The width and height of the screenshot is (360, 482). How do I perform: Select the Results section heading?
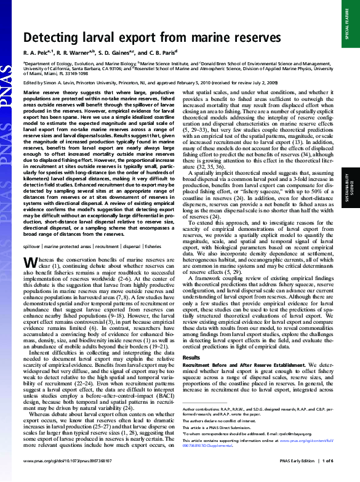191,357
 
